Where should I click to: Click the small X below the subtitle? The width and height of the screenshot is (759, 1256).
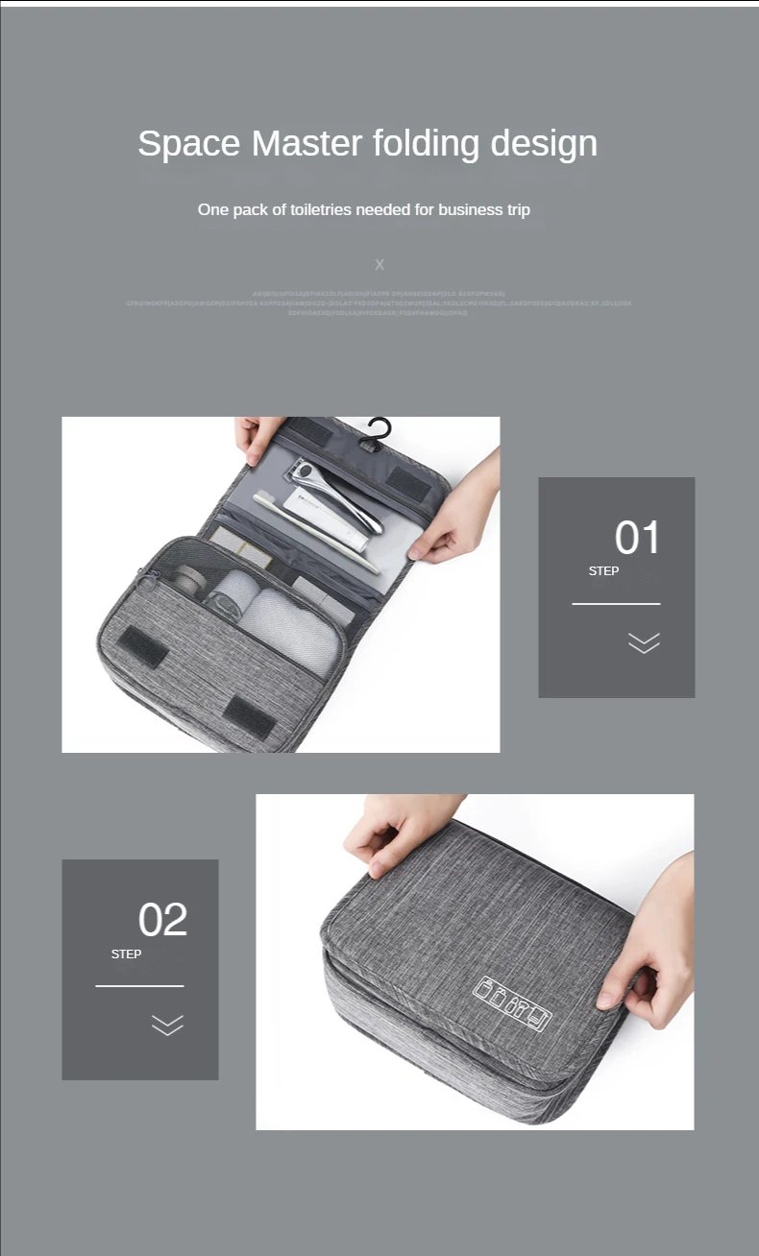click(379, 264)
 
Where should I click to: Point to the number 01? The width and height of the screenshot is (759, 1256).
click(638, 538)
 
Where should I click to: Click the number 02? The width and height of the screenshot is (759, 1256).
click(162, 920)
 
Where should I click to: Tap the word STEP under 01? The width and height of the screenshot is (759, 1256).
click(603, 571)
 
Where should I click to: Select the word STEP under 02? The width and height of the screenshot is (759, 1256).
click(126, 954)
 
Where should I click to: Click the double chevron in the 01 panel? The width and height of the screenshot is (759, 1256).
click(644, 642)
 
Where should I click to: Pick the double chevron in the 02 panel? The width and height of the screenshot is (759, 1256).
click(167, 1025)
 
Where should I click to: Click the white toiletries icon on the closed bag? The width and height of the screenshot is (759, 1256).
click(513, 1004)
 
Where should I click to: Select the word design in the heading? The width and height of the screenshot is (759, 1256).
click(544, 144)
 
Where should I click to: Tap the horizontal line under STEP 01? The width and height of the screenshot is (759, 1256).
click(616, 604)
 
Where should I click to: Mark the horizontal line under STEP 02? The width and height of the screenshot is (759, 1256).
click(139, 986)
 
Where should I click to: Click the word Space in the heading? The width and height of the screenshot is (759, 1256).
click(188, 144)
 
